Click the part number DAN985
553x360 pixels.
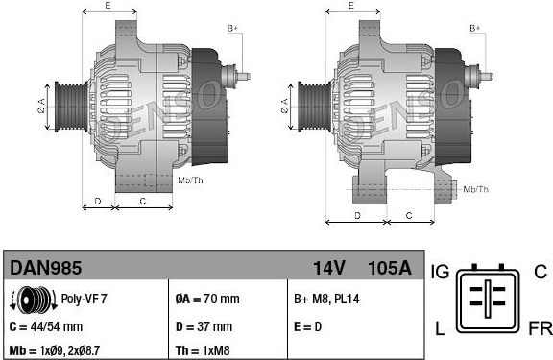pos(45,268)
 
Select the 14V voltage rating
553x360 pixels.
pos(328,268)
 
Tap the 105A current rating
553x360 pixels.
pos(390,268)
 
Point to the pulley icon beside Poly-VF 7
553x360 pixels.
pos(34,300)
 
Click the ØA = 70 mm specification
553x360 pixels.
pos(207,299)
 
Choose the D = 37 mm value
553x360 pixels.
pos(204,326)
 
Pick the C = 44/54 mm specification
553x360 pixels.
pos(46,326)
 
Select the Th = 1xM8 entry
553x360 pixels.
pos(203,350)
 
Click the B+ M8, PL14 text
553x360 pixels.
pos(326,299)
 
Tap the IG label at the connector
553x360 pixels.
pos(440,272)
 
